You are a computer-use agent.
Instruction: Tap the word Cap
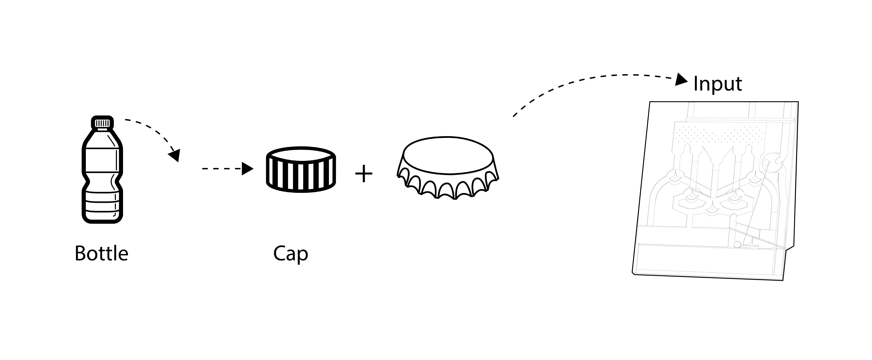click(290, 254)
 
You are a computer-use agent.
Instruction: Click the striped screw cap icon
click(301, 170)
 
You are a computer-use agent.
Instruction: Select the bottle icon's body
click(102, 176)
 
